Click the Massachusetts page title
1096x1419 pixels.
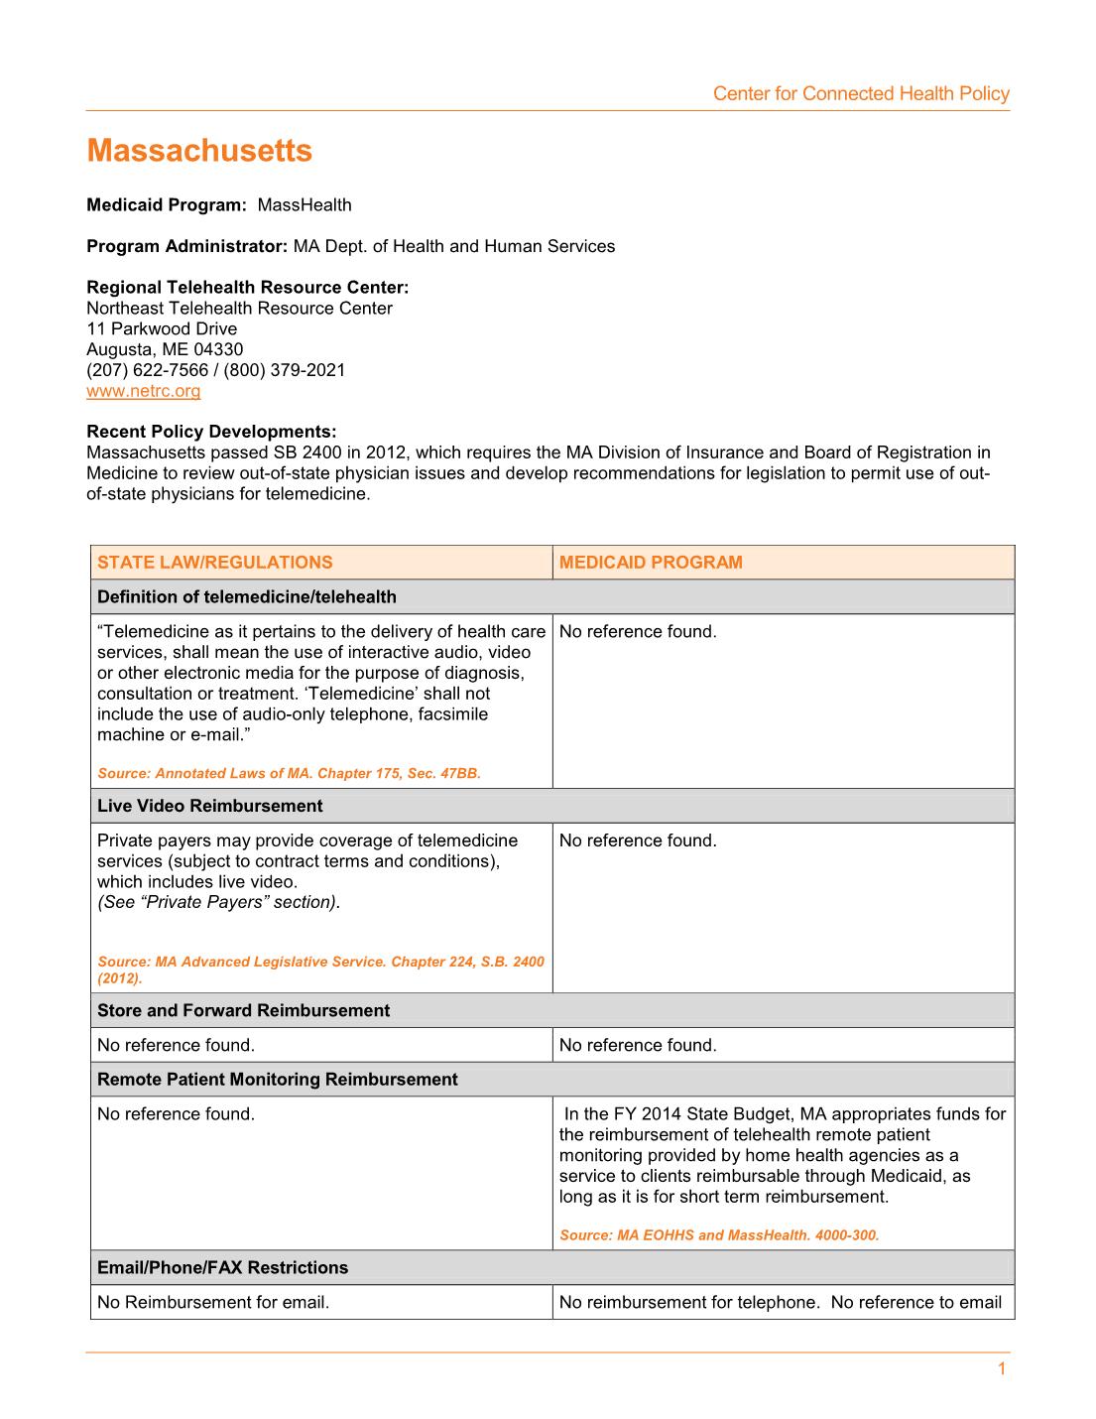pos(199,151)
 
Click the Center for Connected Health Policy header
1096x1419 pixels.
pos(860,93)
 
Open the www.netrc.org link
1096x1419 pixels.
pos(143,391)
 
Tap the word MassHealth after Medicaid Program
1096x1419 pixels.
pos(304,205)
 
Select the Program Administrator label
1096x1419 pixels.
pos(186,246)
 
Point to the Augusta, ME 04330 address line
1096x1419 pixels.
pos(165,349)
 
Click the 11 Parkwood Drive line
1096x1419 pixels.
pos(162,328)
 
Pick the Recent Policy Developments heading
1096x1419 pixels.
pos(211,432)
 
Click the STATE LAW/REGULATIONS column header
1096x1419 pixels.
pos(214,563)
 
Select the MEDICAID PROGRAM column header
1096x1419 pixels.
pos(651,563)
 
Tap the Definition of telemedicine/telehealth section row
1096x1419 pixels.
pos(246,597)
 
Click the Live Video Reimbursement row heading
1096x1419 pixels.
pos(209,806)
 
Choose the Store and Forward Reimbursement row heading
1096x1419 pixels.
pos(243,1010)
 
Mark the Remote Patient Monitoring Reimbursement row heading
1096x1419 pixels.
pos(277,1080)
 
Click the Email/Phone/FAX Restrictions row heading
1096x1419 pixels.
pos(222,1268)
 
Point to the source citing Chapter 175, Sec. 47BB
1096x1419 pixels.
pos(289,773)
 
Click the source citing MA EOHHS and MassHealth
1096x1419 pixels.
pos(719,1235)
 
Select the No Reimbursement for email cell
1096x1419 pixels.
pos(213,1303)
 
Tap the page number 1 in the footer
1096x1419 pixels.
pos(1001,1369)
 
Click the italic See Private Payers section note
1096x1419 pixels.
pos(218,902)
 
